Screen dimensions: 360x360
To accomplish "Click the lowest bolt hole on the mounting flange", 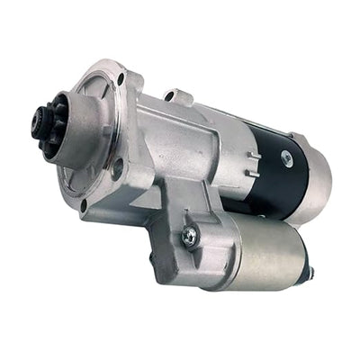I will point(82,204).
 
